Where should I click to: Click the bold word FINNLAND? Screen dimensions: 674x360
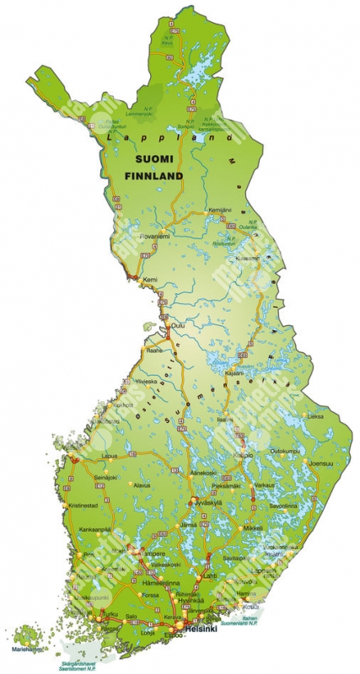[x=153, y=177]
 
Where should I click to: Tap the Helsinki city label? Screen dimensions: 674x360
[x=201, y=629]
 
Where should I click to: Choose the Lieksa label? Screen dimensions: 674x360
[x=314, y=416]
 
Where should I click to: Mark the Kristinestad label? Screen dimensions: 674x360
[x=84, y=505]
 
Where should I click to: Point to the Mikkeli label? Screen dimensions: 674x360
[x=253, y=528]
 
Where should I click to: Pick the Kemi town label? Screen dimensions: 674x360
[x=151, y=279]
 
